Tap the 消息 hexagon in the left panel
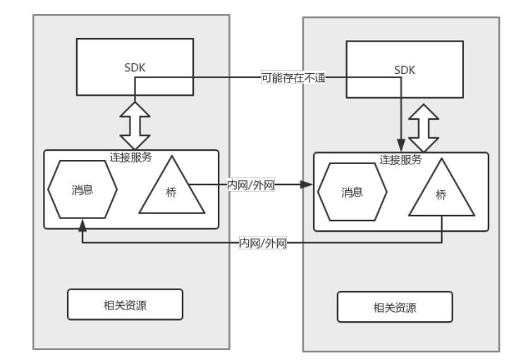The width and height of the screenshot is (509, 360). pyautogui.click(x=82, y=190)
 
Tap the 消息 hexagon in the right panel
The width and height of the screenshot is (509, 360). pyautogui.click(x=352, y=192)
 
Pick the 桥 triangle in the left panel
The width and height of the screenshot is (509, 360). pyautogui.click(x=171, y=189)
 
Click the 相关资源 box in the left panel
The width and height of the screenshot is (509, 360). pyautogui.click(x=125, y=304)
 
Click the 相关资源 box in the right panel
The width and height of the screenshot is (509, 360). pyautogui.click(x=394, y=307)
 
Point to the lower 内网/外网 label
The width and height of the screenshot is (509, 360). pyautogui.click(x=263, y=243)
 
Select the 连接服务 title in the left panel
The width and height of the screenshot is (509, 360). pyautogui.click(x=132, y=156)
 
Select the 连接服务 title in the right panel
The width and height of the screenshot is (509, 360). pyautogui.click(x=400, y=159)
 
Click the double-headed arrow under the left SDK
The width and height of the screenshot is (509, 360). pyautogui.click(x=135, y=125)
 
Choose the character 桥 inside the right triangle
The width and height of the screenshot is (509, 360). pyautogui.click(x=441, y=196)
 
